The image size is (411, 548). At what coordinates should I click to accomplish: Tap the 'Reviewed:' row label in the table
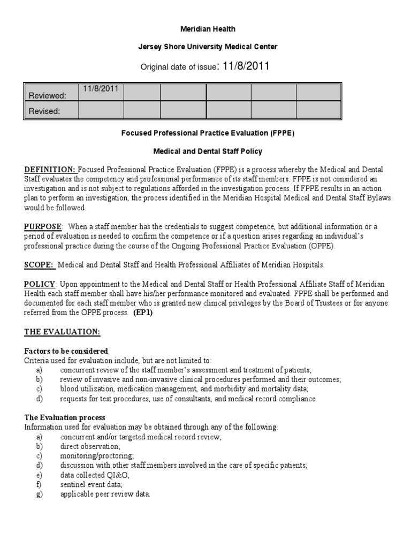pyautogui.click(x=47, y=95)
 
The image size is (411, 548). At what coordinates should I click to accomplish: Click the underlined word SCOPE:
pyautogui.click(x=39, y=264)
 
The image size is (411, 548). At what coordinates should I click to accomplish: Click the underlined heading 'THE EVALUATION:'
pyautogui.click(x=62, y=332)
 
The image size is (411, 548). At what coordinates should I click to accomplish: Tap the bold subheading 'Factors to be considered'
pyautogui.click(x=66, y=351)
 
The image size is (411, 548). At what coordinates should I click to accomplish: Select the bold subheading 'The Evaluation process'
pyautogui.click(x=65, y=417)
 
